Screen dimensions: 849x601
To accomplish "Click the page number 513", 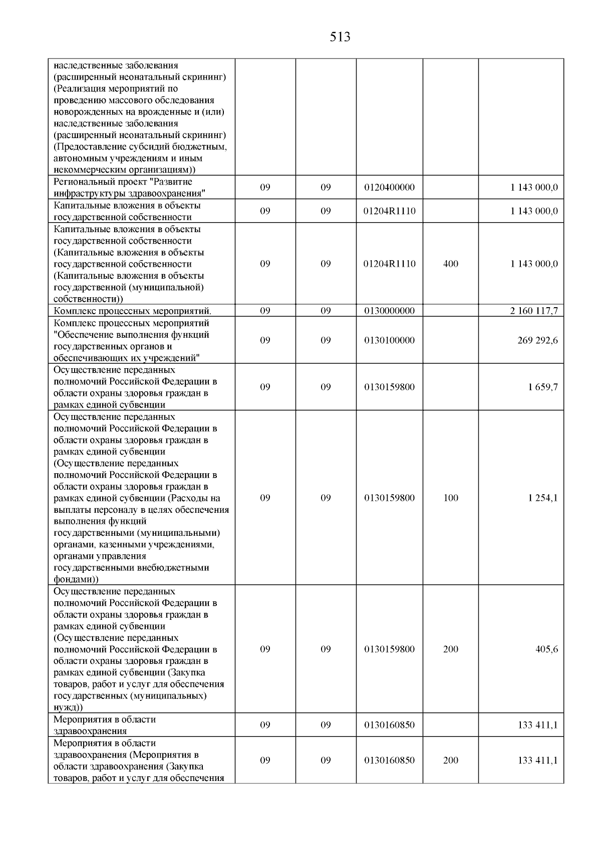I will pos(340,37).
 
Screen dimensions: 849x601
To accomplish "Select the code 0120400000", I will pos(390,188).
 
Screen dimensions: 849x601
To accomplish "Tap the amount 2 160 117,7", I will pos(534,311).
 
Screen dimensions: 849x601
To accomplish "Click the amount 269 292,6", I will pos(537,341).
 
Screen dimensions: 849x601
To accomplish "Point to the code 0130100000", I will pos(390,341).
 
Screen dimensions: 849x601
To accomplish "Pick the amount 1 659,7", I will pos(543,387).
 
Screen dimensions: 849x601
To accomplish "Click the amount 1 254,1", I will pos(543,498).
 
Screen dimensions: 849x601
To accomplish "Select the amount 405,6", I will pos(546,649).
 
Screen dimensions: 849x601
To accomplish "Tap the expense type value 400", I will pos(451,264).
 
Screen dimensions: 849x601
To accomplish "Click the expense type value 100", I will pos(451,498).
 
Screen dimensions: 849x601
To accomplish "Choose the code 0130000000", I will pos(390,311).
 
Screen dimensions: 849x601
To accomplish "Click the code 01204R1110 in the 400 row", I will pos(390,264).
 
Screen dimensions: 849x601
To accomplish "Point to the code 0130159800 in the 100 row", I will pos(390,498).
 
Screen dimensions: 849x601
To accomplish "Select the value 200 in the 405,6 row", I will pos(451,649).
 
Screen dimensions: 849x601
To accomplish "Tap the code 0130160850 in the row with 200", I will pos(390,760).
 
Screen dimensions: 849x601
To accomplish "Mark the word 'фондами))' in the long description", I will pos(76,579).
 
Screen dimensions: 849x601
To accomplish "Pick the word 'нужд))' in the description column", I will pos(69,707).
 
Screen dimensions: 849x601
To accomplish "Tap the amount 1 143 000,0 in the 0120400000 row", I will pos(534,188).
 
